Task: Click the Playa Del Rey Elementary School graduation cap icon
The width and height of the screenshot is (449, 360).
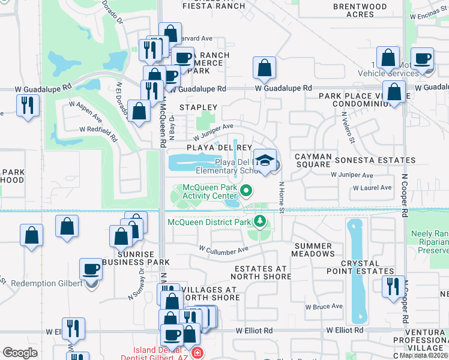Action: coord(265,160)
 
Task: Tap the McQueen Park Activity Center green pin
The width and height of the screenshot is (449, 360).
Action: coord(246,191)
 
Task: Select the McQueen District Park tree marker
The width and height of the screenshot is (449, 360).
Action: coord(259,222)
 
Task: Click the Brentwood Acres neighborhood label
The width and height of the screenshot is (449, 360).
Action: coord(361,10)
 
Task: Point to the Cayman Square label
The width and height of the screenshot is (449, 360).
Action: coord(313,160)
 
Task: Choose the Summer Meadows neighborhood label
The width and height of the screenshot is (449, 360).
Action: coord(313,250)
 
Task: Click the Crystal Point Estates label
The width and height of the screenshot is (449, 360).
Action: coord(360,267)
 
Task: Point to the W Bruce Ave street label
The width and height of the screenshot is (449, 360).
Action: coord(324,307)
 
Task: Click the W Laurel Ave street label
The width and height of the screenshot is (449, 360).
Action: coord(372,188)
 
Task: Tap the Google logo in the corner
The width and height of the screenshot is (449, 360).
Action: coord(20,353)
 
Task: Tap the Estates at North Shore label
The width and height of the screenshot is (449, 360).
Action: coord(262,272)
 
